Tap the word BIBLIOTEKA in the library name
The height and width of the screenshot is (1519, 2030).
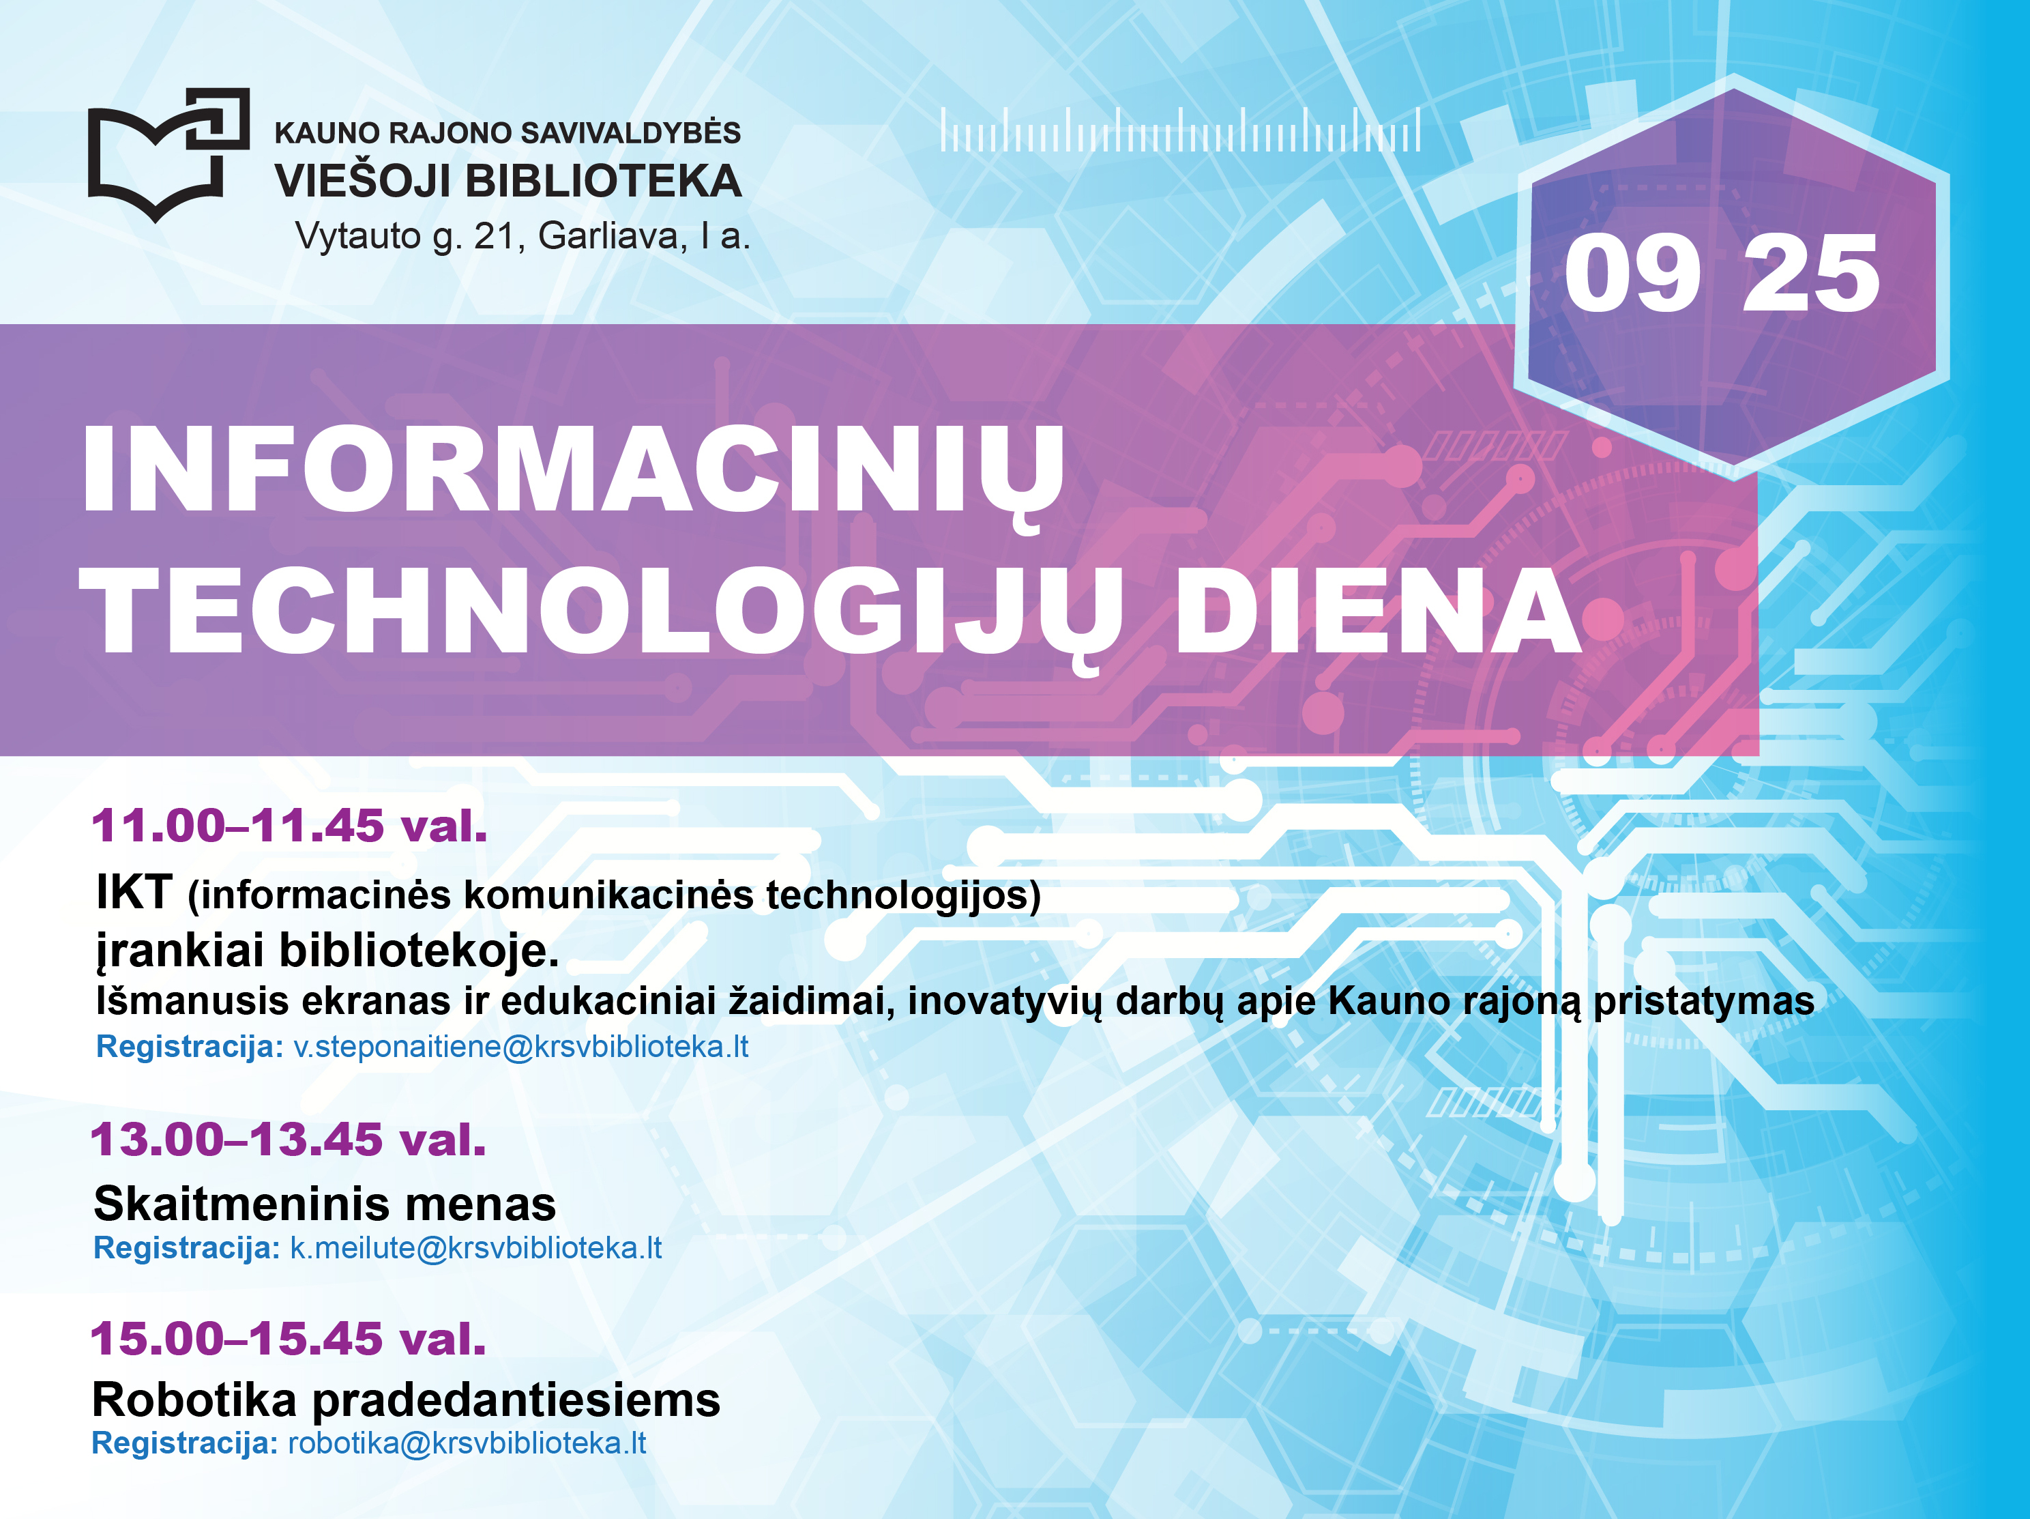[x=604, y=181]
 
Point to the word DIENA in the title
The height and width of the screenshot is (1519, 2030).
[x=1377, y=610]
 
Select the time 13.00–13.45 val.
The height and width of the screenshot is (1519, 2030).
[x=288, y=1140]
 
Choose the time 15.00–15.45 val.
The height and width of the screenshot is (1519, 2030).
[x=288, y=1338]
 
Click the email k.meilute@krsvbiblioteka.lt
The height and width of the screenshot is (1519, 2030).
[x=475, y=1247]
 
